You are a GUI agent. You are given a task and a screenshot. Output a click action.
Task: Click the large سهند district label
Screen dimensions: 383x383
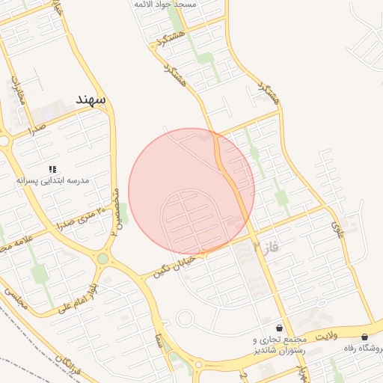[91, 99]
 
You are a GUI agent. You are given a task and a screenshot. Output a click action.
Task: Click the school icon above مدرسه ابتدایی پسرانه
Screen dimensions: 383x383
[52, 170]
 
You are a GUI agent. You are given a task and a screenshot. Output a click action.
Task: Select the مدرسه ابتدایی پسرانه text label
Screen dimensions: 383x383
[58, 181]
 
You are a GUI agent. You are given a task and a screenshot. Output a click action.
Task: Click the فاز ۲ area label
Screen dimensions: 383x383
[265, 246]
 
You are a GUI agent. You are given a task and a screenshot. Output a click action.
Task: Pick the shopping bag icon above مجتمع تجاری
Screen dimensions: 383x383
[280, 328]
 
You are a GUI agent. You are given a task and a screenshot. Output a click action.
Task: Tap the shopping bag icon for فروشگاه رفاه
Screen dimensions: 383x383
[364, 337]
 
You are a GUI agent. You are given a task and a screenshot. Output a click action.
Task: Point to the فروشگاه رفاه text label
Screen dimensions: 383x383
[363, 349]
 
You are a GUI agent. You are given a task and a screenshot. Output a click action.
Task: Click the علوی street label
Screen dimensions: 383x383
[337, 220]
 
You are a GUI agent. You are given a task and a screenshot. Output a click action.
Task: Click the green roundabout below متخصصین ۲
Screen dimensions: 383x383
[102, 259]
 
